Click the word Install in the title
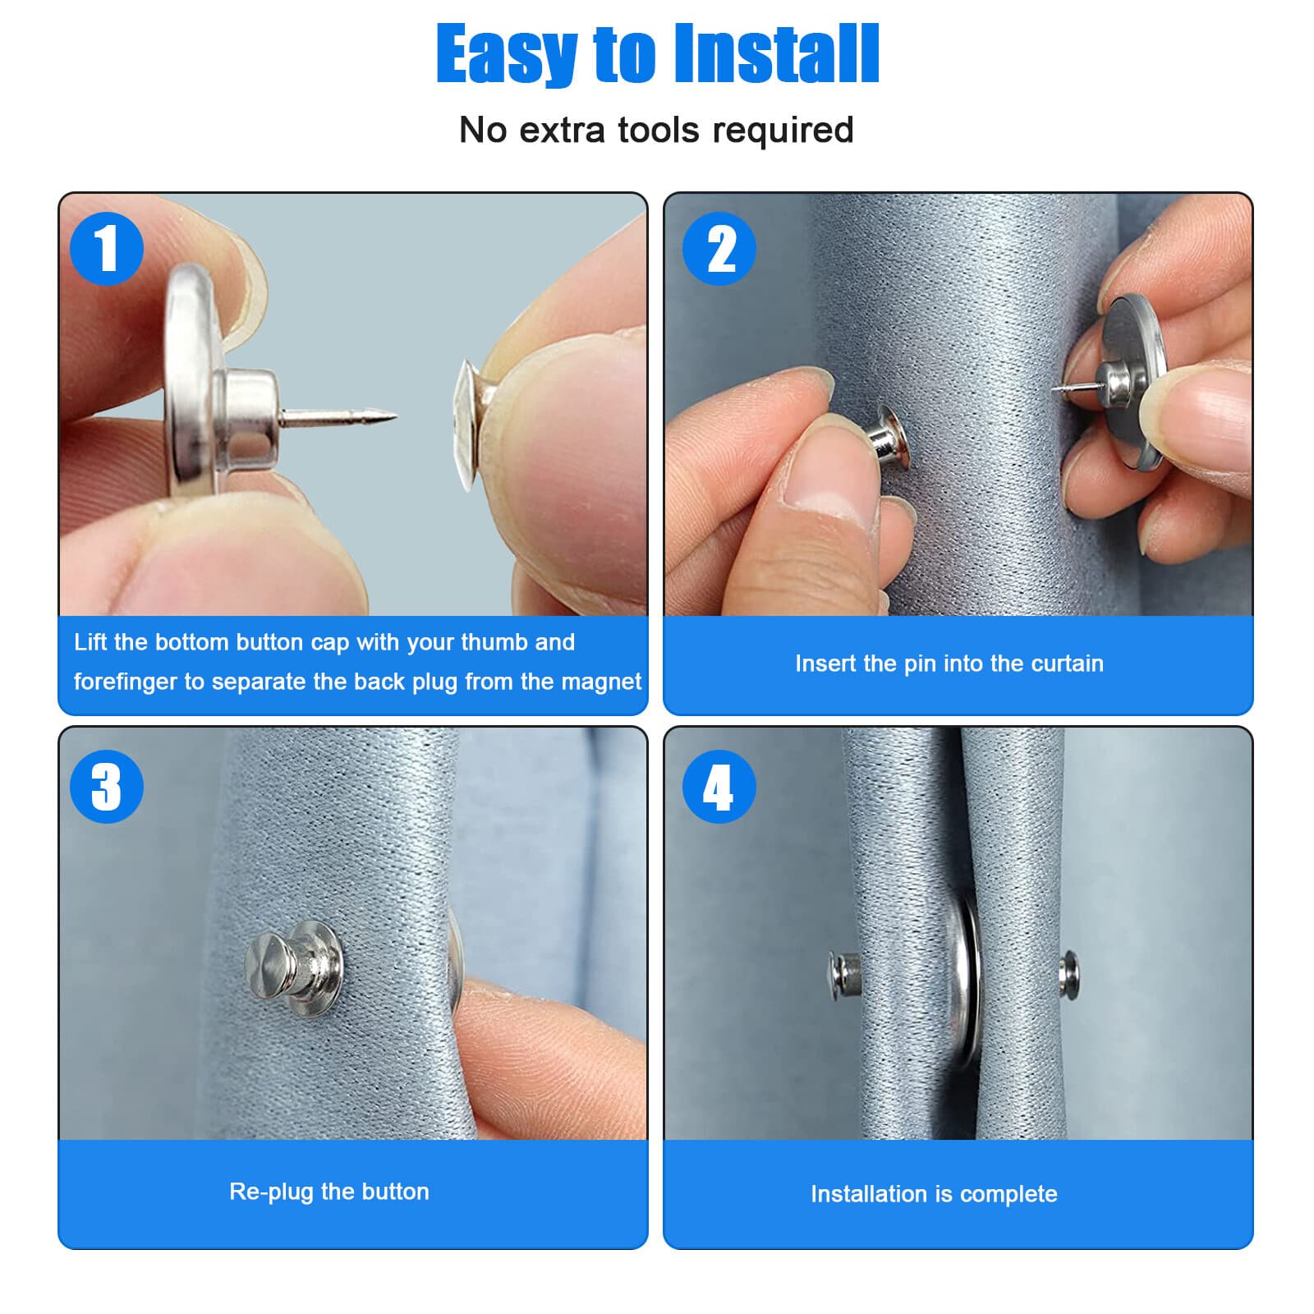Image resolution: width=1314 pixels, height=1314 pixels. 776,54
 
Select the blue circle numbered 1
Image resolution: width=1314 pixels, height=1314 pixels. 107,248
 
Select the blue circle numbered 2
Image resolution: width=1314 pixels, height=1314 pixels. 719,248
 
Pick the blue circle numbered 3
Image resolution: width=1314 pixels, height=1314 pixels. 107,786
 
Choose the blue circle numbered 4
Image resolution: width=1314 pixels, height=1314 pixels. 719,786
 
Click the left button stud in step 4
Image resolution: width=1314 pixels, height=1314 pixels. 844,974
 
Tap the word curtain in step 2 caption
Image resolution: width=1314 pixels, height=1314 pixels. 1067,664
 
